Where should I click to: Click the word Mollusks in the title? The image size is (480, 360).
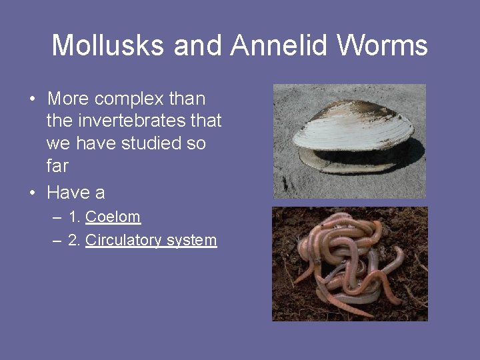coord(109,45)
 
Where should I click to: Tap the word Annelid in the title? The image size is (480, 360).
coord(280,45)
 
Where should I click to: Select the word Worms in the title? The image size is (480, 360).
coord(383,45)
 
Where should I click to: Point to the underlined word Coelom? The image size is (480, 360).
coord(113,217)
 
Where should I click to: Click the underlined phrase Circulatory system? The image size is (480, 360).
coord(151,240)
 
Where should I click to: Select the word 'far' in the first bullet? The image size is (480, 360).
coord(57,165)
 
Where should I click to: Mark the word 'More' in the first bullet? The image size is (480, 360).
coord(69,99)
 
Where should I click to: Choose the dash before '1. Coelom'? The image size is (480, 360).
coord(58,217)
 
